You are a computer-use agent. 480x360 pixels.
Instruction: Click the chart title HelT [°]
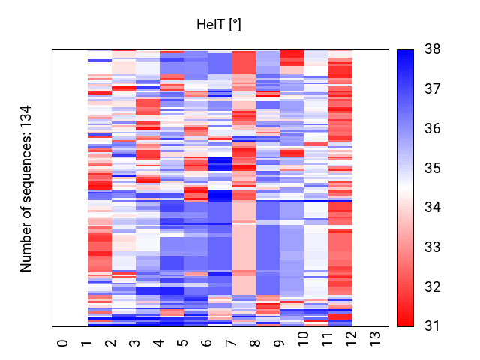coord(218,25)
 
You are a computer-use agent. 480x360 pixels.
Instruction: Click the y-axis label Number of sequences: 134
coord(27,188)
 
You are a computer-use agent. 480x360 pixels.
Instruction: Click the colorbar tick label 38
coord(433,49)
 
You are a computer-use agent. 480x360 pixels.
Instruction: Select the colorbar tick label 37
coord(433,89)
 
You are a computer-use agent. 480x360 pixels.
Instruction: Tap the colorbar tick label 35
coord(433,168)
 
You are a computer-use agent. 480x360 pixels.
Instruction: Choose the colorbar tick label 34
coord(433,208)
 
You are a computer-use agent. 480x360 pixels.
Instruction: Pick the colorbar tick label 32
coord(433,286)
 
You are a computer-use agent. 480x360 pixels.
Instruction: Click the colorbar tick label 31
coord(433,325)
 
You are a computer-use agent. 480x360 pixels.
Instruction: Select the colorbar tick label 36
coord(433,129)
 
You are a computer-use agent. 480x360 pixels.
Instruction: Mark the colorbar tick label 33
coord(433,247)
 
